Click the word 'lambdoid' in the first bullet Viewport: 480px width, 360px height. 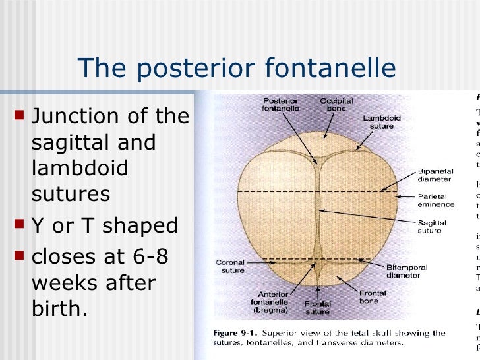tap(80, 167)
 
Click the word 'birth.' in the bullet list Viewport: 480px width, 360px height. tap(59, 308)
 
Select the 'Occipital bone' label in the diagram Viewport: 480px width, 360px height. tap(336, 104)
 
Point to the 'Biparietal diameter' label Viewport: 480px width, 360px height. tap(435, 175)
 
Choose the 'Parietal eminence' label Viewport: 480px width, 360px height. tap(434, 200)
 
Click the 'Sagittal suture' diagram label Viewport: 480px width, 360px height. tap(430, 226)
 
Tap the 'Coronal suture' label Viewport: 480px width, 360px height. tap(230, 266)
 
